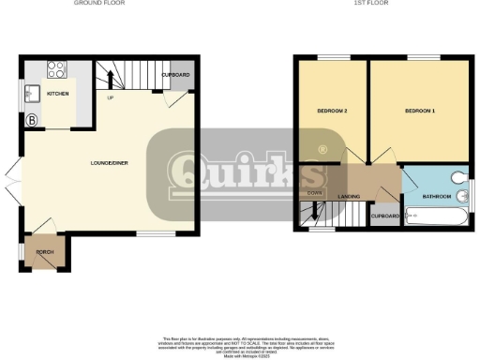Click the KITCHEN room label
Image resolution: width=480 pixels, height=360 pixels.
pyautogui.click(x=58, y=95)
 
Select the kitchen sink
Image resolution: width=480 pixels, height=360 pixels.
pyautogui.click(x=31, y=94)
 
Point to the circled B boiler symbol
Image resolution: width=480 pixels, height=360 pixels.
pyautogui.click(x=32, y=120)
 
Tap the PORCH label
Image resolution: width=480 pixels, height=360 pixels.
pyautogui.click(x=44, y=253)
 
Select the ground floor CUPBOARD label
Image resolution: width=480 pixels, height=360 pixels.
pyautogui.click(x=175, y=74)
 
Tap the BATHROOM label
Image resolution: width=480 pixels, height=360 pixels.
pyautogui.click(x=437, y=196)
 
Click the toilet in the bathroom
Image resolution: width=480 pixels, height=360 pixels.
pyautogui.click(x=459, y=178)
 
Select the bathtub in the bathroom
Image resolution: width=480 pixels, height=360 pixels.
pyautogui.click(x=439, y=217)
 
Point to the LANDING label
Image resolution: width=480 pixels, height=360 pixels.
pyautogui.click(x=350, y=196)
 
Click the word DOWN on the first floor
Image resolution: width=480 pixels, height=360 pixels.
pyautogui.click(x=315, y=194)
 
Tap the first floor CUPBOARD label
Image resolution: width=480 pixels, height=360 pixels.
pyautogui.click(x=385, y=217)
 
